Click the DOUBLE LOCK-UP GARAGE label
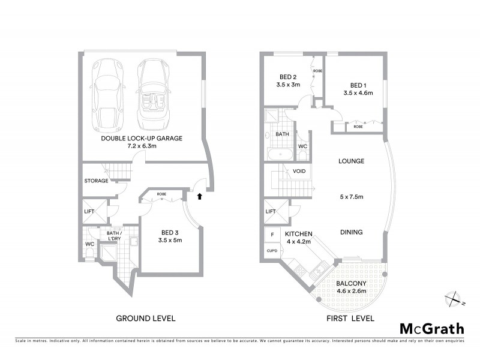(x=142, y=142)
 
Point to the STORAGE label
(x=96, y=181)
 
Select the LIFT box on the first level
(x=270, y=211)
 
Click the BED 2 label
(x=288, y=80)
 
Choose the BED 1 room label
(x=359, y=89)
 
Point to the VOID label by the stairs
(x=299, y=172)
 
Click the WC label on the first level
(x=303, y=146)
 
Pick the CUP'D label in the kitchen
(x=271, y=251)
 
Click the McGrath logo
(x=431, y=328)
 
